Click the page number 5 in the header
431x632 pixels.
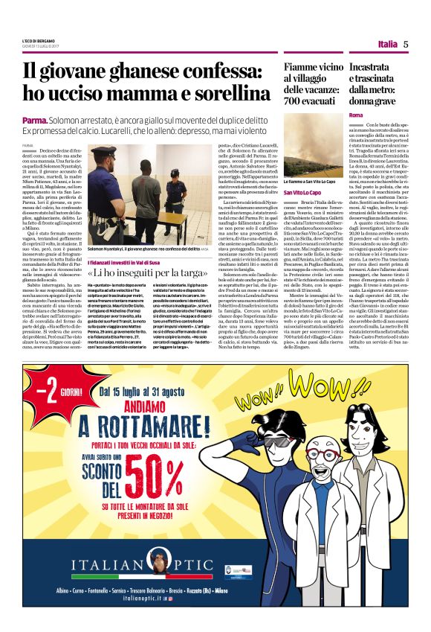[406, 44]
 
